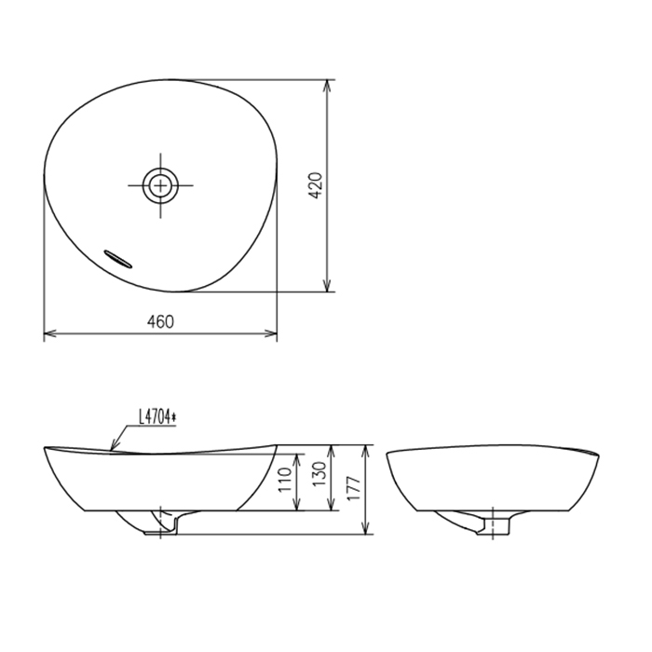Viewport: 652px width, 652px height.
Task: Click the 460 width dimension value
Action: [x=160, y=321]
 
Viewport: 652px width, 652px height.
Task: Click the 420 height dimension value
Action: [x=316, y=185]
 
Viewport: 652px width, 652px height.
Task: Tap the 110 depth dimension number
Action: [x=285, y=480]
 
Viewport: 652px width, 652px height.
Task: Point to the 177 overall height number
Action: [x=353, y=489]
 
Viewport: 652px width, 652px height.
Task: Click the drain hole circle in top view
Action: [x=160, y=185]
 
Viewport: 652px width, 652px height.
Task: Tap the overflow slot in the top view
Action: [x=118, y=259]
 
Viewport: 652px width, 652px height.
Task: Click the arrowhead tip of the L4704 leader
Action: [x=111, y=450]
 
